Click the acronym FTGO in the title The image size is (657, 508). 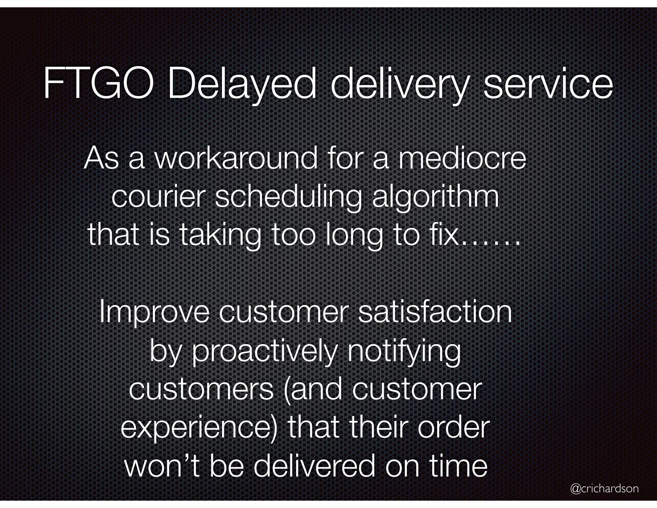tap(98, 84)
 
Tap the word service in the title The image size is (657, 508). tap(548, 84)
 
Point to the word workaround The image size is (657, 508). tap(235, 158)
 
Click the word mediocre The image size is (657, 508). tap(462, 158)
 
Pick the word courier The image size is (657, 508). tap(158, 197)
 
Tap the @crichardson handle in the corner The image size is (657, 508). tap(604, 489)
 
